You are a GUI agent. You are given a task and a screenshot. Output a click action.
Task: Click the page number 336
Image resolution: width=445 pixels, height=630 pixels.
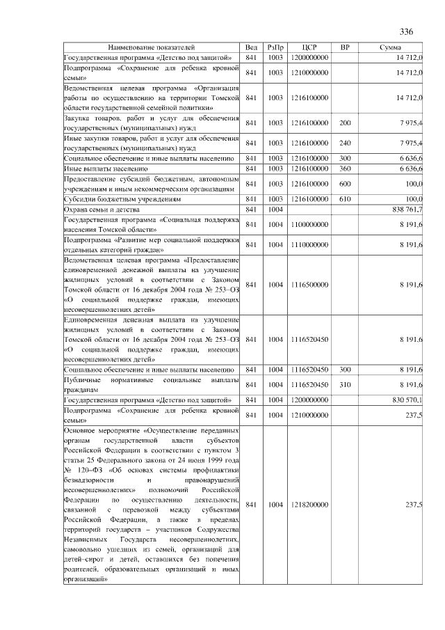407,32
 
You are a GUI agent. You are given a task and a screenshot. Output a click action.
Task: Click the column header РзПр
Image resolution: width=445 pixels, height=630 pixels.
275,47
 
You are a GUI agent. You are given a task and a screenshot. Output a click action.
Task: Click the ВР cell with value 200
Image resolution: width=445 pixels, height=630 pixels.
345,123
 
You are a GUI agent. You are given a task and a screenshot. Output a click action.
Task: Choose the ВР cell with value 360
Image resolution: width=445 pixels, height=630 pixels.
345,169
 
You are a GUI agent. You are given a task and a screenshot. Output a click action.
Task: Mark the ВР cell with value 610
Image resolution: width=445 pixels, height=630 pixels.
345,199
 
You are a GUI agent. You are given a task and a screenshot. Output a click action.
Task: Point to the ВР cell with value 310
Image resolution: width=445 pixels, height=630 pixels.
345,384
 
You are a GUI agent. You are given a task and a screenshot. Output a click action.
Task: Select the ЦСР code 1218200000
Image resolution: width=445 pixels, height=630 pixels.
310,505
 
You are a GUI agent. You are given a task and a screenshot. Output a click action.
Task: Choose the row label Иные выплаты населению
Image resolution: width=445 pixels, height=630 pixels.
105,169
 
